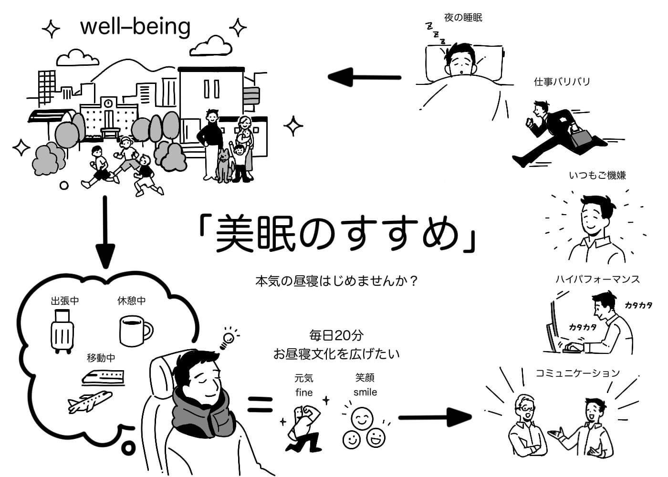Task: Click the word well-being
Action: (x=135, y=27)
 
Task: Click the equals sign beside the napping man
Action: (x=260, y=404)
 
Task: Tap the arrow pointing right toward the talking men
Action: (x=434, y=417)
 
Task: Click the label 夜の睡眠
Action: (x=463, y=18)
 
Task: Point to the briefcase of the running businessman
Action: (x=580, y=138)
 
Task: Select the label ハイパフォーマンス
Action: (x=597, y=279)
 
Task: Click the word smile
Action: (x=365, y=392)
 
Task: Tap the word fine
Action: (x=303, y=393)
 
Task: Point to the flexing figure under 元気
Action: (x=302, y=427)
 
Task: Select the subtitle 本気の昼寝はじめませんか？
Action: (x=337, y=280)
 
